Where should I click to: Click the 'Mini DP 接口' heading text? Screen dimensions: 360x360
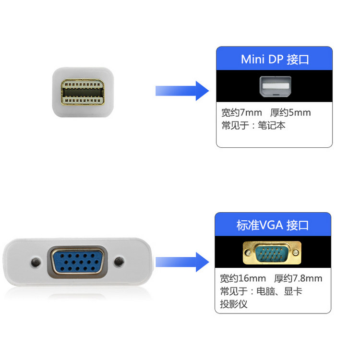pyautogui.click(x=275, y=60)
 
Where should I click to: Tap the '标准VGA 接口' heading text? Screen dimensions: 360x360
pyautogui.click(x=273, y=225)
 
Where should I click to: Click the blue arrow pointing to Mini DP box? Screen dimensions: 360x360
pyautogui.click(x=182, y=90)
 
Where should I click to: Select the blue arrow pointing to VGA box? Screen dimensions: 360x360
pyautogui.click(x=182, y=261)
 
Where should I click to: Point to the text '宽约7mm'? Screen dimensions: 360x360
pyautogui.click(x=241, y=113)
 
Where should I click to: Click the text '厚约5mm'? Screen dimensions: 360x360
pyautogui.click(x=290, y=113)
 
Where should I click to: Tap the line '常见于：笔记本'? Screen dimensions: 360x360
pyautogui.click(x=253, y=126)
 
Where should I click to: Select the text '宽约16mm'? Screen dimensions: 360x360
pyautogui.click(x=243, y=278)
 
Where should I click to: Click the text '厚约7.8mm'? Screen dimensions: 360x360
pyautogui.click(x=298, y=278)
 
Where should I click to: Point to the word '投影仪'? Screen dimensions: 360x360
pyautogui.click(x=234, y=304)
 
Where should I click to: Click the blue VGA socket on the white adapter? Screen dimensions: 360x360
pyautogui.click(x=77, y=262)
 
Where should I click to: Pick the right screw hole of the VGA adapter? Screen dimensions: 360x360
pyautogui.click(x=120, y=262)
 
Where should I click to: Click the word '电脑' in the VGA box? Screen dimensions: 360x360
pyautogui.click(x=267, y=291)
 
